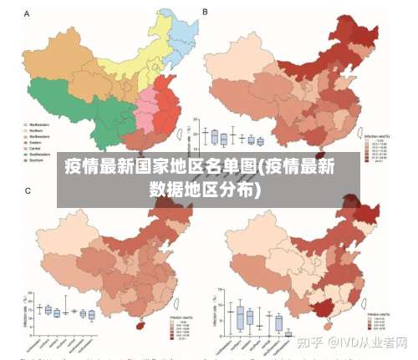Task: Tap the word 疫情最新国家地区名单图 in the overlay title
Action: point(160,165)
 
